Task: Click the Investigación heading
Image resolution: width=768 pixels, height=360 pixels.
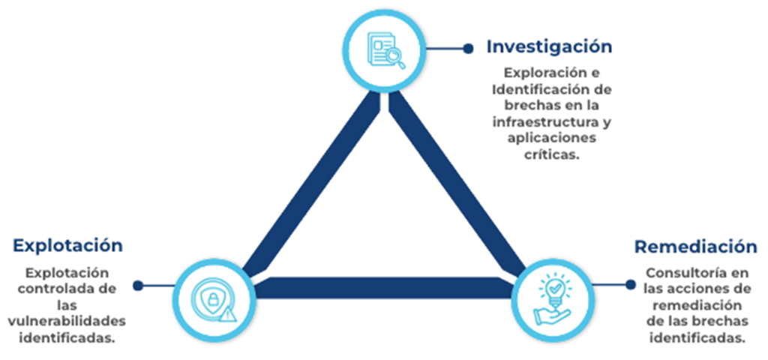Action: pyautogui.click(x=549, y=46)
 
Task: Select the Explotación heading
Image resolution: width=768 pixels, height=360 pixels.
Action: pyautogui.click(x=67, y=245)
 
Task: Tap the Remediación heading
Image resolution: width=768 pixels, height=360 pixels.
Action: pyautogui.click(x=695, y=247)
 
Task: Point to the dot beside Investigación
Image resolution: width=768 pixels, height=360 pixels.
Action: pyautogui.click(x=468, y=48)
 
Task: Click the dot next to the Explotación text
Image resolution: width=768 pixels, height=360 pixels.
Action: pyautogui.click(x=138, y=285)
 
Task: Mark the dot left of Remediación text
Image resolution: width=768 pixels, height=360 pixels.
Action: pyautogui.click(x=630, y=284)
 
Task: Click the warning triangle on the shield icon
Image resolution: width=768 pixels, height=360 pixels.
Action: pyautogui.click(x=229, y=313)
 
